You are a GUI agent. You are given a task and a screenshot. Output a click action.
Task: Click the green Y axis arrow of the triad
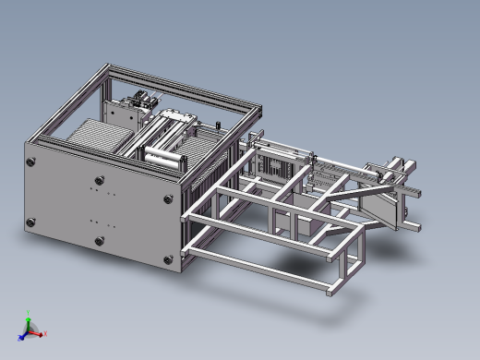coord(28,319)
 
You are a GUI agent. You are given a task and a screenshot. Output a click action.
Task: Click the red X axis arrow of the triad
coord(42,333)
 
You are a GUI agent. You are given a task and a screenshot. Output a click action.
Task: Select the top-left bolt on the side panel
coord(32,162)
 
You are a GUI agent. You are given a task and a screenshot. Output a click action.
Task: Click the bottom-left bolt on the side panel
coord(32,222)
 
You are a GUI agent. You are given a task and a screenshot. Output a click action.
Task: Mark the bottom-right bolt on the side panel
coord(167,264)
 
